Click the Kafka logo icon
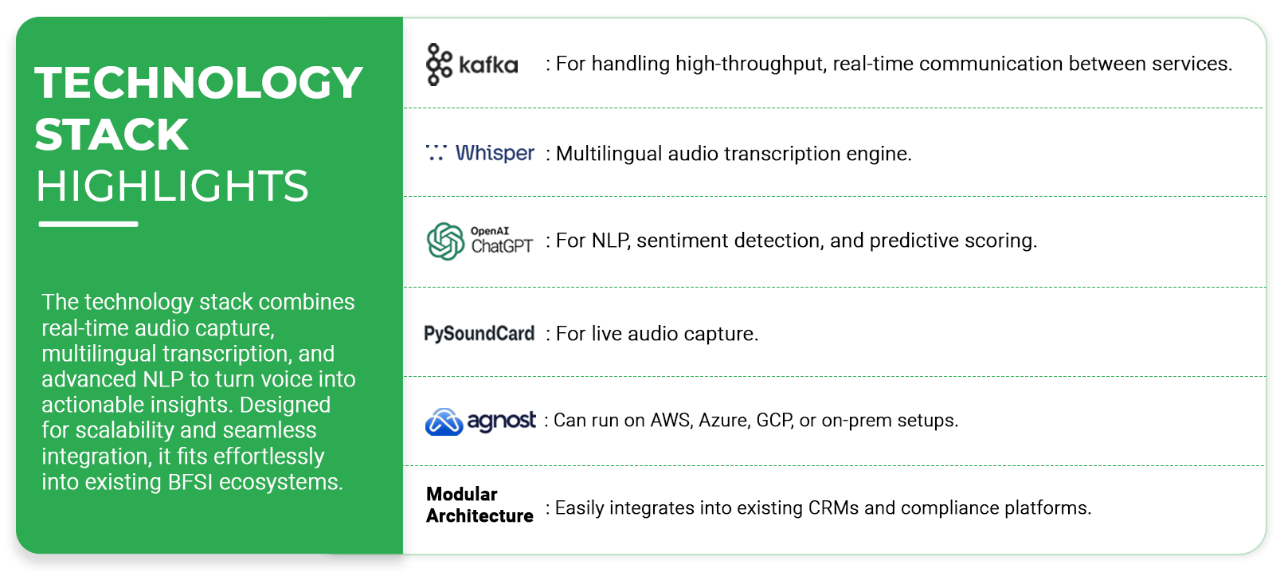[x=439, y=65]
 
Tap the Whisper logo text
[x=495, y=153]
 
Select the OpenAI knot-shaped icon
[x=445, y=241]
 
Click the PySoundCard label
[x=480, y=334]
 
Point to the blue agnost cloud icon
[x=444, y=421]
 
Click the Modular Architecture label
[x=480, y=505]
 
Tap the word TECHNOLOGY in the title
[x=198, y=83]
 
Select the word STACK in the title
[x=112, y=135]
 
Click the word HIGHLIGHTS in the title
[x=173, y=186]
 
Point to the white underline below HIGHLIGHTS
[x=88, y=224]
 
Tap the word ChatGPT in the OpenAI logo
[x=502, y=246]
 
